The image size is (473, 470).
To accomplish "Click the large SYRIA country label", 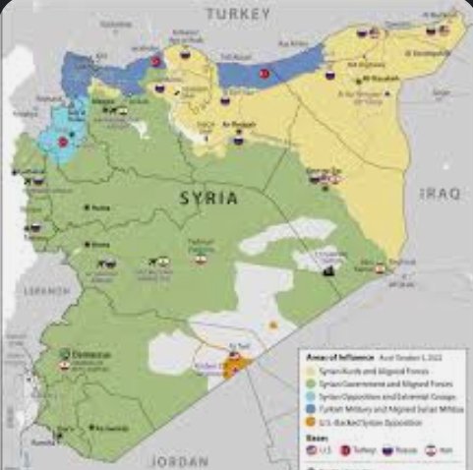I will (x=207, y=197).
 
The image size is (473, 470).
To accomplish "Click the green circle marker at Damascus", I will (x=65, y=353).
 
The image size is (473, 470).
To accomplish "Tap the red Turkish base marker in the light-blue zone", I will (x=64, y=142).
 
